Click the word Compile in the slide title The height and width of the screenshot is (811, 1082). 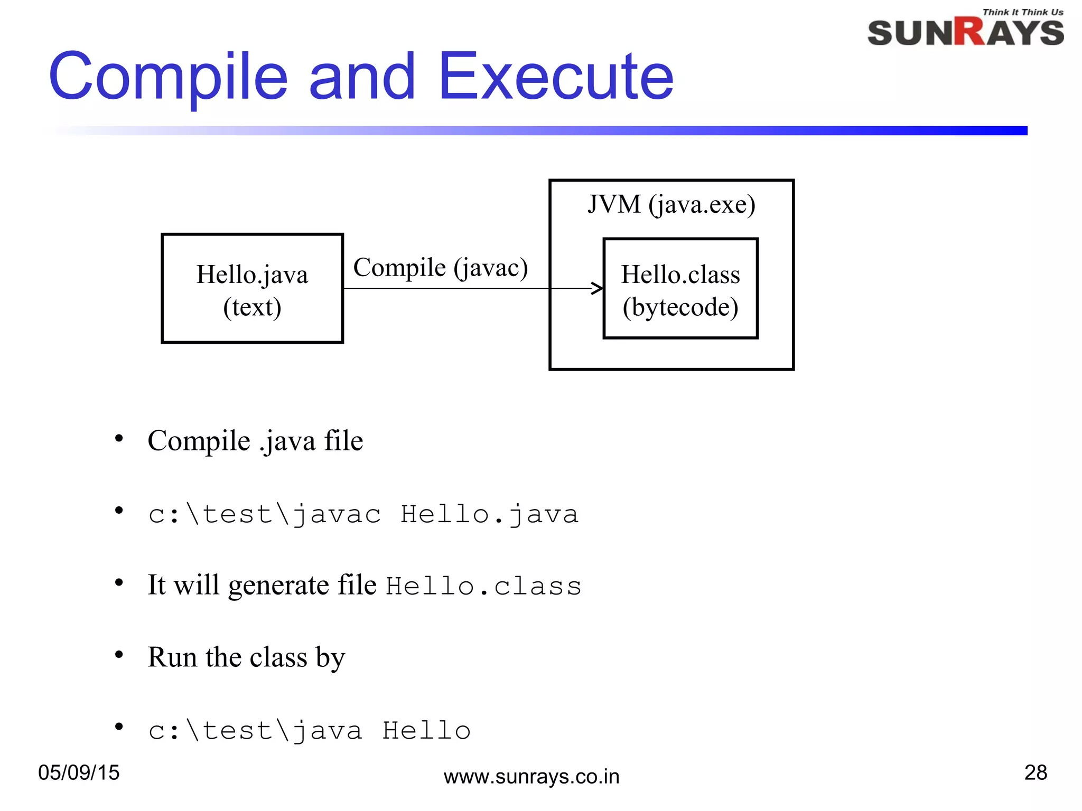coord(168,78)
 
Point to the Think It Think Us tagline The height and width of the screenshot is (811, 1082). coord(1022,12)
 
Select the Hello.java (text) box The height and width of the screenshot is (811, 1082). coord(252,289)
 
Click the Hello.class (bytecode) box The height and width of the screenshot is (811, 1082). coord(680,289)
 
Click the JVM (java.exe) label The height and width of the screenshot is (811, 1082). coord(671,204)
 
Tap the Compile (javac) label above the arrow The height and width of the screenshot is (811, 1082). coord(440,268)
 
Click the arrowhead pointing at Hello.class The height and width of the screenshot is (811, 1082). coord(598,288)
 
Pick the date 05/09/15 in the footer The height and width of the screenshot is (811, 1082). coord(79,772)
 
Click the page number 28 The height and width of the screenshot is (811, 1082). coord(1036,772)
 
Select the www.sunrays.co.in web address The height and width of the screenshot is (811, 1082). coord(531,777)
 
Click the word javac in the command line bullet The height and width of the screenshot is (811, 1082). coord(336,515)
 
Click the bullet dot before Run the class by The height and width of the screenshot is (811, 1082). coord(119,655)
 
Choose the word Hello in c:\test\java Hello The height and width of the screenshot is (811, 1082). coord(426,731)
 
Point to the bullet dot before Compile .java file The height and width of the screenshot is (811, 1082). coord(119,438)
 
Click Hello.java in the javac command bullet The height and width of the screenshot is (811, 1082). coord(489,515)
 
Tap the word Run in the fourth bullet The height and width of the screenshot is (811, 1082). coord(172,657)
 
